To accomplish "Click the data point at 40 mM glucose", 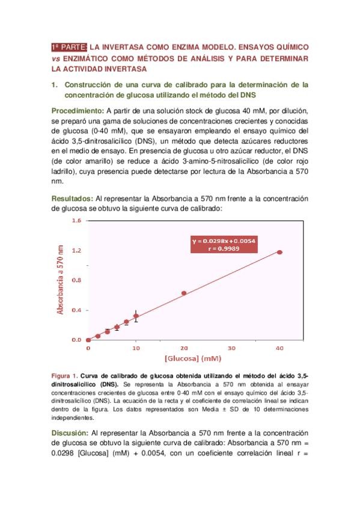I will click(279, 252).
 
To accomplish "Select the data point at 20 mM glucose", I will click(184, 293).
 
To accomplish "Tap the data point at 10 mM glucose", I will click(136, 316).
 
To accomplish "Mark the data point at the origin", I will click(88, 340).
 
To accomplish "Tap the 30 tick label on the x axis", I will click(231, 348).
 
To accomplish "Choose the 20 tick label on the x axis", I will click(184, 348).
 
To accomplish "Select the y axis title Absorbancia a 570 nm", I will click(60, 280).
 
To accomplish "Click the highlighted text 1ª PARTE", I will click(70, 46).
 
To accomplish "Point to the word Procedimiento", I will click(78, 111).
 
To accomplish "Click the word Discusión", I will click(70, 432).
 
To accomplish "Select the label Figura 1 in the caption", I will click(64, 375).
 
